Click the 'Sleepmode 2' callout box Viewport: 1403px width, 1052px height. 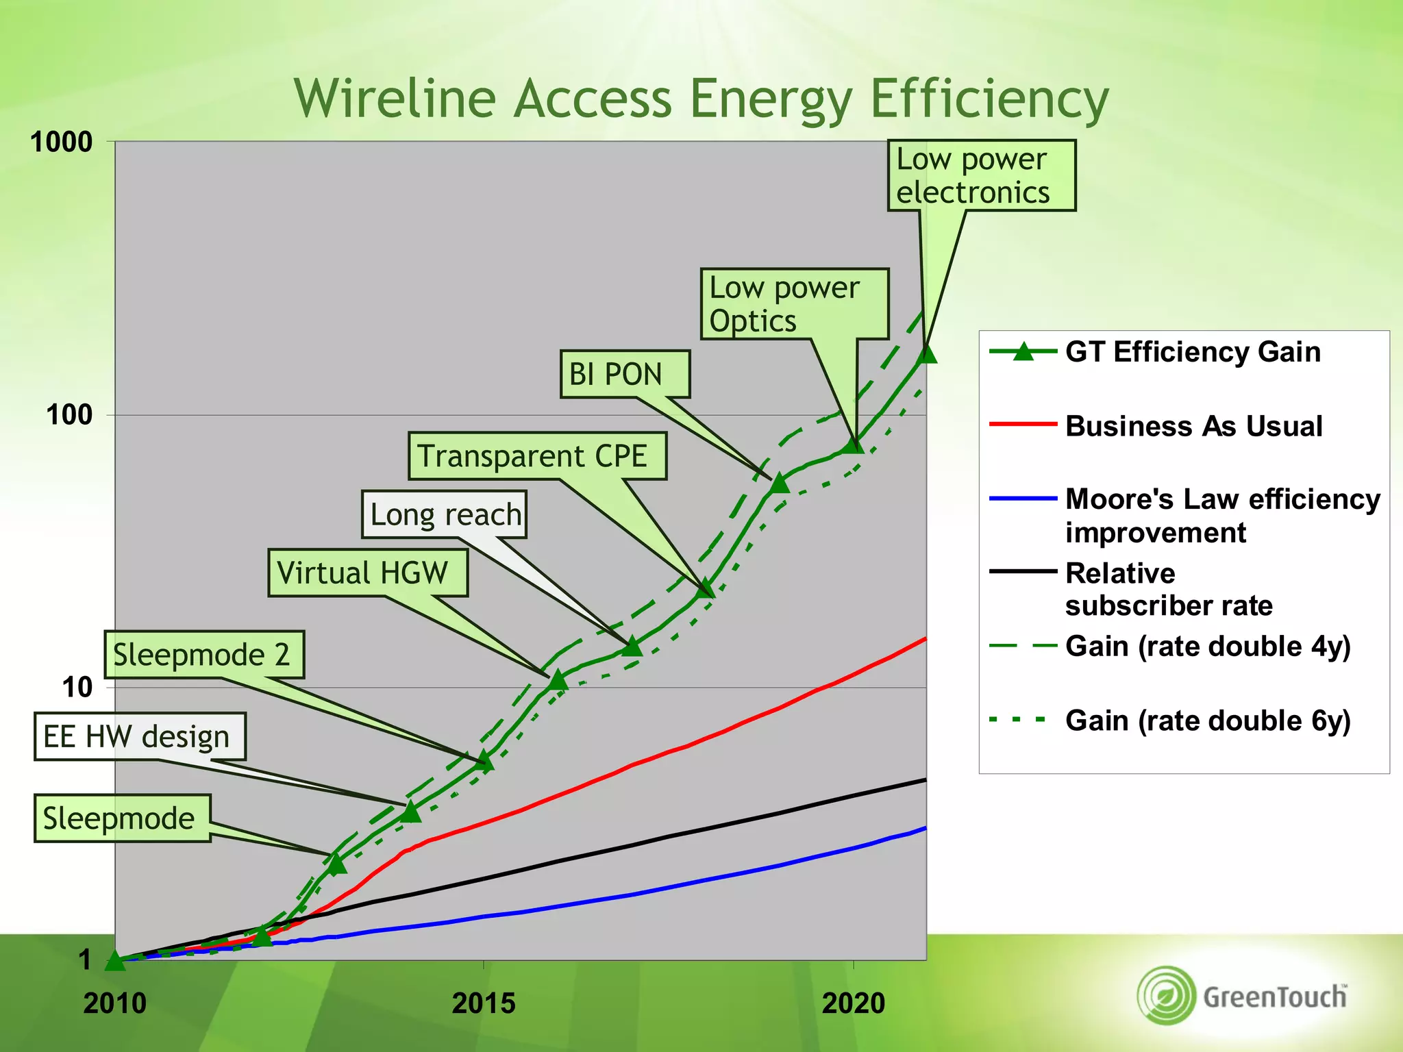(203, 655)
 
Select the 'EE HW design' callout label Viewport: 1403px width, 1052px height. (139, 737)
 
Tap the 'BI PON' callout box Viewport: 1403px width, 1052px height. (624, 374)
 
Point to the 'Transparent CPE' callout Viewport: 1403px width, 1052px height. (536, 455)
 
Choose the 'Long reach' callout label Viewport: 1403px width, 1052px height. (444, 514)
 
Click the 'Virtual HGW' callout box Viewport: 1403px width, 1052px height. (367, 573)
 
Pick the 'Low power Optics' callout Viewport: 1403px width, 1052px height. (793, 304)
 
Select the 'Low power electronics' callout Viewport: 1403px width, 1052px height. (980, 175)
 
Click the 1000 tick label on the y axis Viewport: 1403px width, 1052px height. (62, 142)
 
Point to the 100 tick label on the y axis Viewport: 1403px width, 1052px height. (69, 415)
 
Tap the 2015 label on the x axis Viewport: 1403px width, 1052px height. (484, 1003)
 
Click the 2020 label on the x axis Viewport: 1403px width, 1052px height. (853, 1003)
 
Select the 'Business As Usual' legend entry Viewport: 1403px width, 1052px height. (1193, 426)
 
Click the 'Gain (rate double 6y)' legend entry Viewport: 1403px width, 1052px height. (1207, 721)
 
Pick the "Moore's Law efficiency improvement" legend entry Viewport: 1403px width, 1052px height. (1221, 515)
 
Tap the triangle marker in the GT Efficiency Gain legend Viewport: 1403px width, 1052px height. (1023, 352)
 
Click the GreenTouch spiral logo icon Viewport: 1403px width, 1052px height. (1167, 995)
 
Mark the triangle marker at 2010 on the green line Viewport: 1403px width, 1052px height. (115, 960)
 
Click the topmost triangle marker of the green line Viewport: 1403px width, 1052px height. (926, 353)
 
